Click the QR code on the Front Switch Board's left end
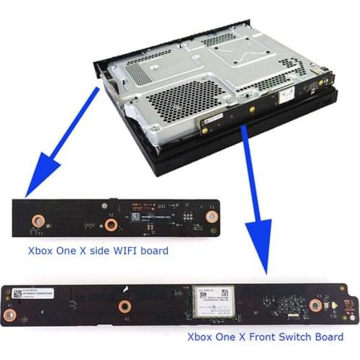pos(17,294)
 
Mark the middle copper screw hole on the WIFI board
pos(111,225)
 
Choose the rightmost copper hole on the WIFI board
pos(212,215)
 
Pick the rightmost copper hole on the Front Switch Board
pos(315,305)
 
